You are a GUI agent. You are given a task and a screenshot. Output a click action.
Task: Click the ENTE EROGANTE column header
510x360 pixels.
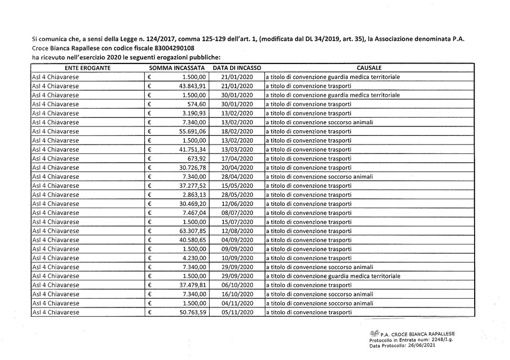(87, 68)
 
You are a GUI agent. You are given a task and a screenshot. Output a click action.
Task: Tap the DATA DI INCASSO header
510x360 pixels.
(237, 68)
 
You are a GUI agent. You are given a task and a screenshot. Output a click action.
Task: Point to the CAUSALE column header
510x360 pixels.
(369, 68)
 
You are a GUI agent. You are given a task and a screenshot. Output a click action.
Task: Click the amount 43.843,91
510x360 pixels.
(193, 86)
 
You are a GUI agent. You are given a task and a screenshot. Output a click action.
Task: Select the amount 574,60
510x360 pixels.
(197, 104)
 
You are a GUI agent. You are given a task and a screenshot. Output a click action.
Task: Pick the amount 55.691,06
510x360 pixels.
(193, 131)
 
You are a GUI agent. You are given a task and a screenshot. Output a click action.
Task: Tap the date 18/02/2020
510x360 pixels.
(237, 131)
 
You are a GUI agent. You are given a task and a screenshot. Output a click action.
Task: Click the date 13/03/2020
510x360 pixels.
(237, 149)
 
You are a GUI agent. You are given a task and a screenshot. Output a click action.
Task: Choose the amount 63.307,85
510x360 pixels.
(193, 231)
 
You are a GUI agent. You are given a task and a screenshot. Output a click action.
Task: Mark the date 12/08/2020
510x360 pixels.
(237, 231)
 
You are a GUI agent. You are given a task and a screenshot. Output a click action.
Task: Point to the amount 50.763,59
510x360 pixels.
(193, 312)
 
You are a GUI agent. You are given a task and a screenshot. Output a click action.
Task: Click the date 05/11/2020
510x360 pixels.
(237, 312)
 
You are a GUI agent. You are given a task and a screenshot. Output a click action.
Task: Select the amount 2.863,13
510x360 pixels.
(194, 195)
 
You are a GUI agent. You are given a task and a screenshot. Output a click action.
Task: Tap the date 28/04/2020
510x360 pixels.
(237, 176)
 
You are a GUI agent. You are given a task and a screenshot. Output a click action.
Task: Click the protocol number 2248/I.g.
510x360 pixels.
(439, 340)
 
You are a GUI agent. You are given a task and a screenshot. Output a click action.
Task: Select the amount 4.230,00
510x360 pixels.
(194, 258)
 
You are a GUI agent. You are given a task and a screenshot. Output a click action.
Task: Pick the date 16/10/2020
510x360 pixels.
(237, 294)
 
